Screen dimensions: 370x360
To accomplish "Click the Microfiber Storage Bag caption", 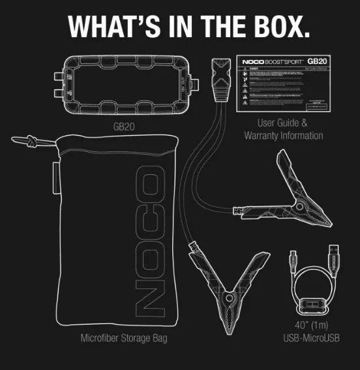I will pyautogui.click(x=123, y=339).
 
